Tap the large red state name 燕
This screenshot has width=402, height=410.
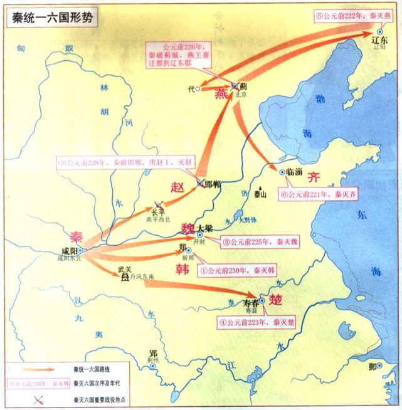[221, 94]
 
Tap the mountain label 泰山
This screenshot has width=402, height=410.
[260, 195]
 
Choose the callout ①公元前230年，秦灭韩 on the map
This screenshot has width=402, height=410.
[237, 271]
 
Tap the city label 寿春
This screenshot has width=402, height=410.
[250, 303]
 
